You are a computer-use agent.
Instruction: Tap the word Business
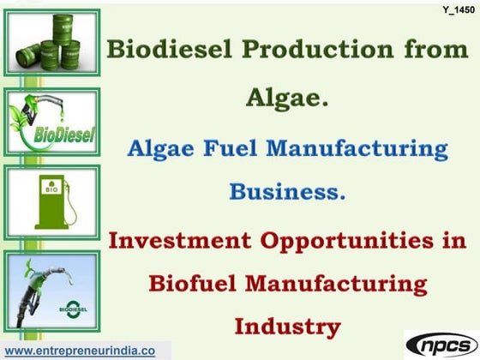point(287,191)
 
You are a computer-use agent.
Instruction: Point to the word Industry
point(288,326)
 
